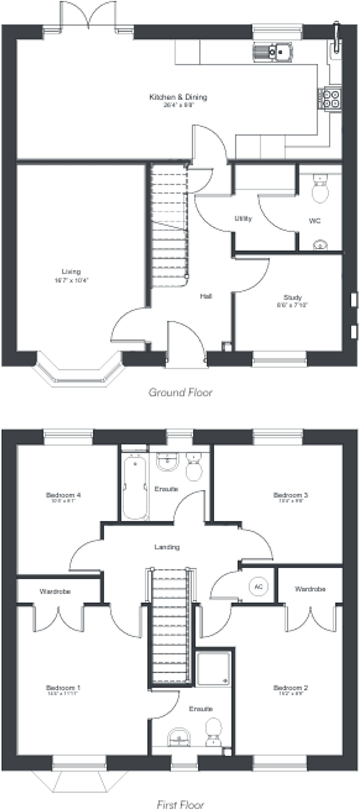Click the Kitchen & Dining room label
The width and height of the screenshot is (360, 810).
tap(178, 97)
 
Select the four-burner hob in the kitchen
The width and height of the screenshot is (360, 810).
tap(331, 99)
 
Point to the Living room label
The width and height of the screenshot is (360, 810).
tap(71, 272)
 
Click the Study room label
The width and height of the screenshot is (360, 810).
tap(292, 297)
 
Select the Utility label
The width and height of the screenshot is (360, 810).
tap(243, 218)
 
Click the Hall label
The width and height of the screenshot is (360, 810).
tap(206, 296)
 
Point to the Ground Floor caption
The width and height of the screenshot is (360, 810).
tap(180, 392)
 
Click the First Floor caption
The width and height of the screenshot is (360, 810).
tap(180, 804)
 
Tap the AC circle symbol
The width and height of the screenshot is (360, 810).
tap(258, 586)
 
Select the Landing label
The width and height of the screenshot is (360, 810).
tap(167, 547)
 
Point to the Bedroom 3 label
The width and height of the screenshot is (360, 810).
tap(290, 495)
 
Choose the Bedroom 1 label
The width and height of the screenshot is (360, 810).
tap(63, 687)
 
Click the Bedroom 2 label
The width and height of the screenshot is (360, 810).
tap(290, 687)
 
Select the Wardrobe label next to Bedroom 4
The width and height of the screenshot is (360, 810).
tap(55, 591)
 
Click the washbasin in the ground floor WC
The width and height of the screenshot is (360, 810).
tap(320, 245)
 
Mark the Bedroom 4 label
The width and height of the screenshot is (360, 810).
tap(63, 495)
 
